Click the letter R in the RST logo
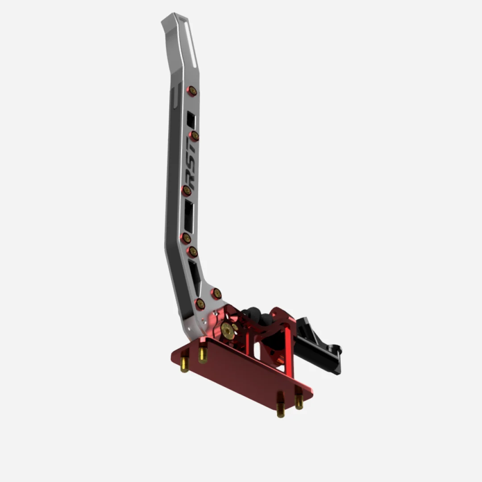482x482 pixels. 191,181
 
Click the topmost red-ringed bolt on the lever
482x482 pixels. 192,91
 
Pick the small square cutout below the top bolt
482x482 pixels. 191,120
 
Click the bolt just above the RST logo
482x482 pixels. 195,136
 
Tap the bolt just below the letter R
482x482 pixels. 187,191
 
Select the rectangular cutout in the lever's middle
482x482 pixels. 189,217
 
